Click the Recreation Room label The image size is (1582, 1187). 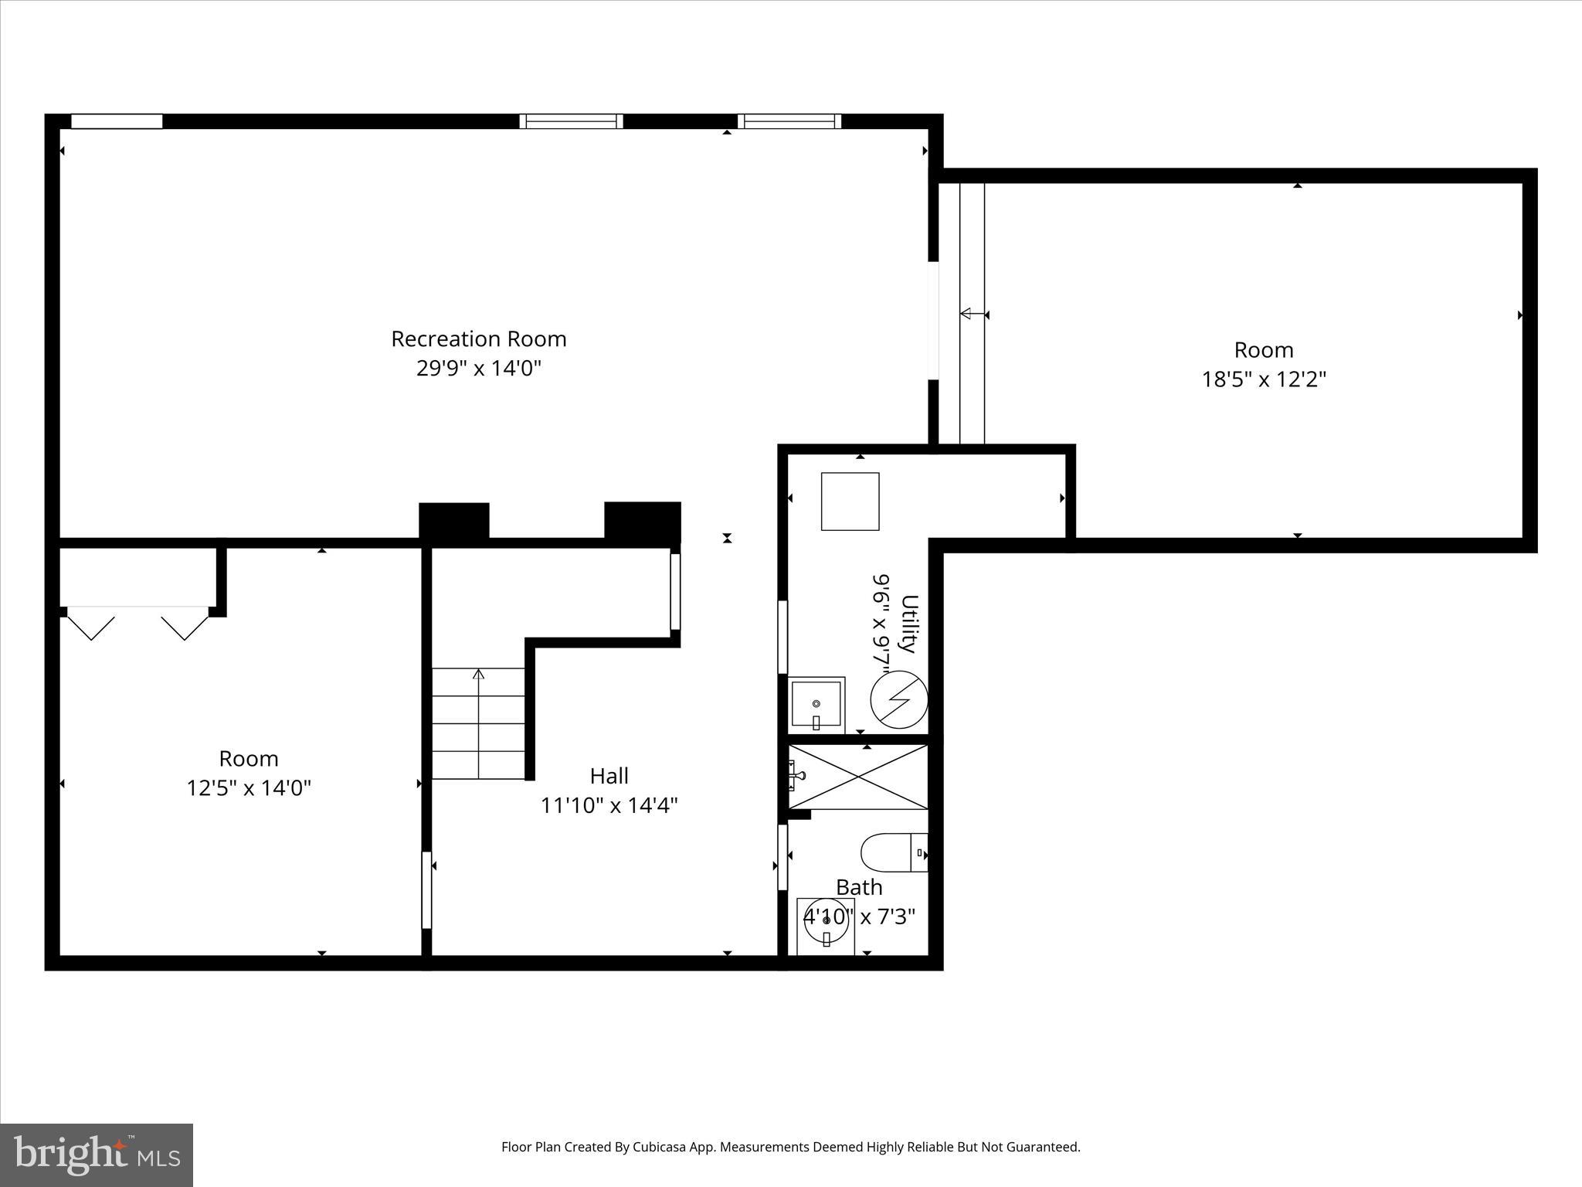[x=478, y=339]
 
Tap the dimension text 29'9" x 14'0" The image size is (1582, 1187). [x=478, y=369]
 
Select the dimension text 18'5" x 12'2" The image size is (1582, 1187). [x=1264, y=379]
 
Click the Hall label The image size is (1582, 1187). [x=609, y=776]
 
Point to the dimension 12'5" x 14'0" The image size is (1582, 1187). [x=249, y=788]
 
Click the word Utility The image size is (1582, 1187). [x=909, y=624]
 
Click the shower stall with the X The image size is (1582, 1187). [x=858, y=777]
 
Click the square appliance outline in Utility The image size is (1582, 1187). [x=850, y=502]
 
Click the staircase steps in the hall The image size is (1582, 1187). [x=478, y=724]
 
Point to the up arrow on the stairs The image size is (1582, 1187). [x=478, y=675]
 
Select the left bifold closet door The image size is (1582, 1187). [x=92, y=624]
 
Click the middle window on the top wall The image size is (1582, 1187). [x=571, y=121]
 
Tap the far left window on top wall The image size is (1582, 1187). [x=117, y=121]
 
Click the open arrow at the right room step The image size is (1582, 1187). [x=966, y=314]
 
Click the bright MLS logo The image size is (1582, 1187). [x=97, y=1155]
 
